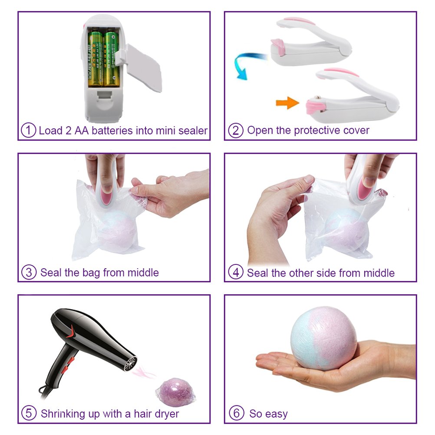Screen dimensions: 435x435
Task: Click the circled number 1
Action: point(29,130)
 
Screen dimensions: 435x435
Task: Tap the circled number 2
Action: point(236,130)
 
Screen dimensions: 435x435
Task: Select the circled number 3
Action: point(29,272)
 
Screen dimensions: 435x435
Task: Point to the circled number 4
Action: point(236,272)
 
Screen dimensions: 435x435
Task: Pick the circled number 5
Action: point(29,413)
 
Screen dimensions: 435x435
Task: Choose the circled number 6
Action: point(237,413)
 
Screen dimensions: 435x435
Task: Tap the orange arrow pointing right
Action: point(287,103)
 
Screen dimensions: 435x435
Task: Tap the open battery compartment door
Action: point(142,69)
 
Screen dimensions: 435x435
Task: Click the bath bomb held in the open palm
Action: point(324,338)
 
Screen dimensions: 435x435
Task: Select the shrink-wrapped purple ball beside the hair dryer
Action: point(176,392)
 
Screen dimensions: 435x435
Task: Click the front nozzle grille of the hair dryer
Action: point(130,363)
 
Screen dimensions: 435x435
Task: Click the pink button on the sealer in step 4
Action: point(364,189)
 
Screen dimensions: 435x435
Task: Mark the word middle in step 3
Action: point(143,273)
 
